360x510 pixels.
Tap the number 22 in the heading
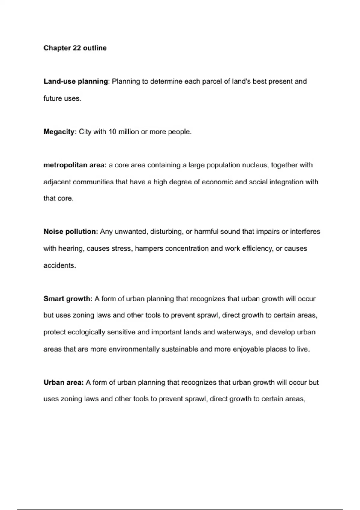tap(77, 48)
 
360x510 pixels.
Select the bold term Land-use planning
tap(76, 81)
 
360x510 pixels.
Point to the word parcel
tap(212, 81)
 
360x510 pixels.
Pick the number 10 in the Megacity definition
tap(112, 132)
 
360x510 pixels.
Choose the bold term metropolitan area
tap(75, 165)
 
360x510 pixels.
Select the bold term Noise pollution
tap(71, 232)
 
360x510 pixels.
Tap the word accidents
tap(59, 265)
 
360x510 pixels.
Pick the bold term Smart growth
tap(68, 299)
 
